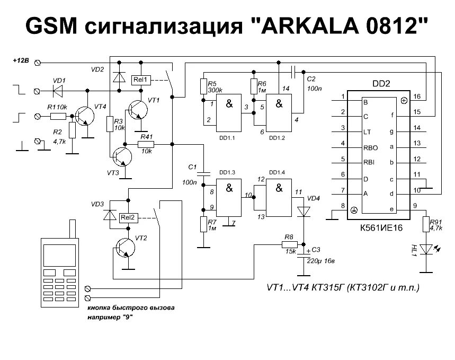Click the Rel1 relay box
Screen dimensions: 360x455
pyautogui.click(x=141, y=80)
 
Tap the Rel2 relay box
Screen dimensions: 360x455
pyautogui.click(x=128, y=217)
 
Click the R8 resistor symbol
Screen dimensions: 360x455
pyautogui.click(x=289, y=244)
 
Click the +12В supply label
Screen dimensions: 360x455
pyautogui.click(x=21, y=62)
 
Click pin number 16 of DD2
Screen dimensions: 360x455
pyautogui.click(x=416, y=96)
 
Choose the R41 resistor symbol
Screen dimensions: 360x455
pyautogui.click(x=146, y=144)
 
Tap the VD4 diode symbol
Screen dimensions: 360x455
pyautogui.click(x=304, y=212)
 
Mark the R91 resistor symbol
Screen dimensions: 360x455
pyautogui.click(x=425, y=224)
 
